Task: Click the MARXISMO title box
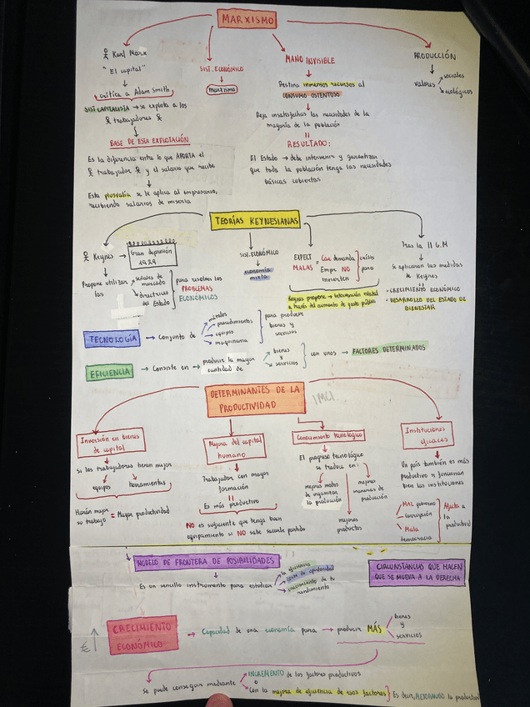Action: pyautogui.click(x=247, y=18)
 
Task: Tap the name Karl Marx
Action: pyautogui.click(x=128, y=54)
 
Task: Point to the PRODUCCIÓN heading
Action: pyautogui.click(x=434, y=56)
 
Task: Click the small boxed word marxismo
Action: pyautogui.click(x=222, y=88)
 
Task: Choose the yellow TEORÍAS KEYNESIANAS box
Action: pyautogui.click(x=254, y=220)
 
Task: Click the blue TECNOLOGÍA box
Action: pyautogui.click(x=111, y=338)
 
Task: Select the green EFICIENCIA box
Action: pyautogui.click(x=110, y=372)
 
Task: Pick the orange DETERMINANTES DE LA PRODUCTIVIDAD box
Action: pyautogui.click(x=256, y=399)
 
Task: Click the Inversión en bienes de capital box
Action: pyautogui.click(x=110, y=442)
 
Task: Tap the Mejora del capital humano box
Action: pyautogui.click(x=234, y=449)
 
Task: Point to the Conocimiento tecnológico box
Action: pyautogui.click(x=328, y=436)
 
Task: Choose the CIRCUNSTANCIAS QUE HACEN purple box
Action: pyautogui.click(x=416, y=571)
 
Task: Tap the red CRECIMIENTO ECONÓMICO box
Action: pyautogui.click(x=142, y=634)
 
